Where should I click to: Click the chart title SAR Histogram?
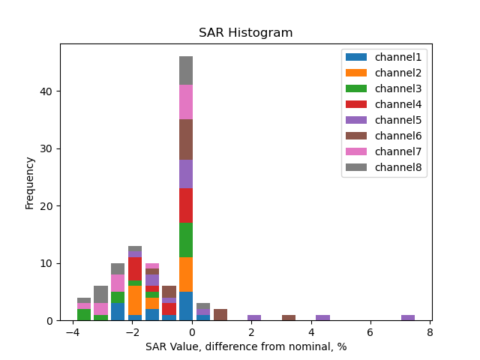[245, 33]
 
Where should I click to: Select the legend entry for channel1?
[398, 57]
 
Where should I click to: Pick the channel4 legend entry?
[398, 104]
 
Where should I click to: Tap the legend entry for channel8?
[398, 166]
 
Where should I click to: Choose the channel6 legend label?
[398, 136]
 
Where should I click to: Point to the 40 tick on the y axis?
[48, 91]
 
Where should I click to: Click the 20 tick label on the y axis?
[48, 206]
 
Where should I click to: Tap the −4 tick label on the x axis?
[73, 332]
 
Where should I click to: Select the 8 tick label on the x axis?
[430, 332]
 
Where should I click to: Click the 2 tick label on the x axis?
[251, 332]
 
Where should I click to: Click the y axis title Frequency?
[30, 182]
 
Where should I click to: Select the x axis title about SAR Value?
[245, 346]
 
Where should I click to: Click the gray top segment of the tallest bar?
[186, 70]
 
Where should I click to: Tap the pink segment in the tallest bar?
[186, 102]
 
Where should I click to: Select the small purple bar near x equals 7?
[408, 317]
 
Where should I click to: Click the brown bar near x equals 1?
[220, 315]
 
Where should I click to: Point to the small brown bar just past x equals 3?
[289, 317]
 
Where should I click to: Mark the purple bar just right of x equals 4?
[322, 317]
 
